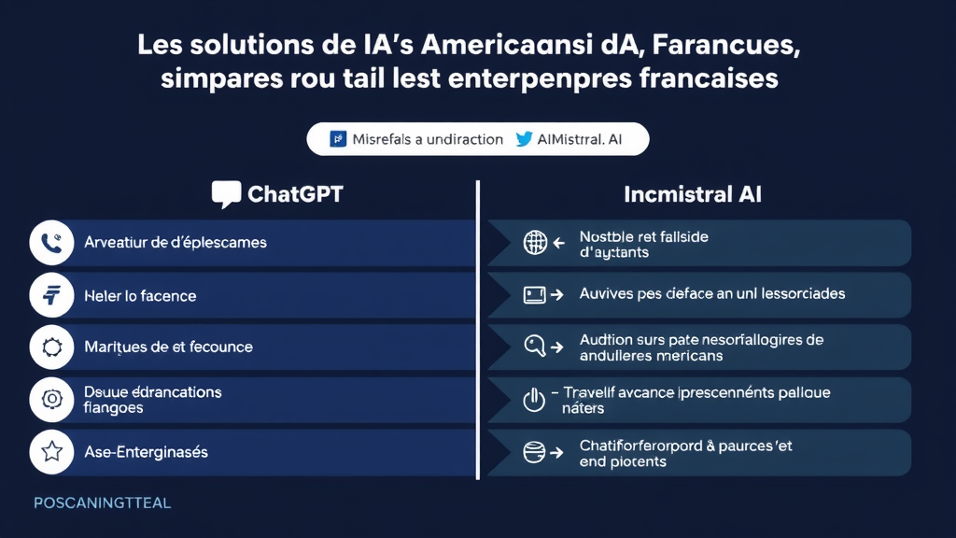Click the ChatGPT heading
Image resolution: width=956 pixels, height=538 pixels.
pyautogui.click(x=295, y=194)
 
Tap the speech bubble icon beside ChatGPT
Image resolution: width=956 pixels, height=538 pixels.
pyautogui.click(x=226, y=194)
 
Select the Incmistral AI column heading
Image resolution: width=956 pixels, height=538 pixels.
pyautogui.click(x=692, y=194)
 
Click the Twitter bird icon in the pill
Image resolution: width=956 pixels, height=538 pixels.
pyautogui.click(x=524, y=139)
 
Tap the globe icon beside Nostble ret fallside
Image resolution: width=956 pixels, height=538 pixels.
pyautogui.click(x=534, y=243)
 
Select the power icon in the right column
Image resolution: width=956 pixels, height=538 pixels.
pyautogui.click(x=533, y=401)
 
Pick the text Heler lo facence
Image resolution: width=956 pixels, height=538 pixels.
pyautogui.click(x=140, y=296)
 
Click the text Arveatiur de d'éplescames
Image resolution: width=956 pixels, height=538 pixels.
pyautogui.click(x=176, y=243)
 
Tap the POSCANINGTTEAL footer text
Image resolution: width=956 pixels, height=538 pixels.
pyautogui.click(x=103, y=503)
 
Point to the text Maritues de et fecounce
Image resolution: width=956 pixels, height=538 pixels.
pyautogui.click(x=168, y=347)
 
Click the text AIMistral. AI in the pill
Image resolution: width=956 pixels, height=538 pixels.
pyautogui.click(x=580, y=139)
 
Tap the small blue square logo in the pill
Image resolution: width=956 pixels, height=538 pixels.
pyautogui.click(x=339, y=139)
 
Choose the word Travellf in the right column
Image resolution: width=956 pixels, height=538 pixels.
pyautogui.click(x=597, y=392)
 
